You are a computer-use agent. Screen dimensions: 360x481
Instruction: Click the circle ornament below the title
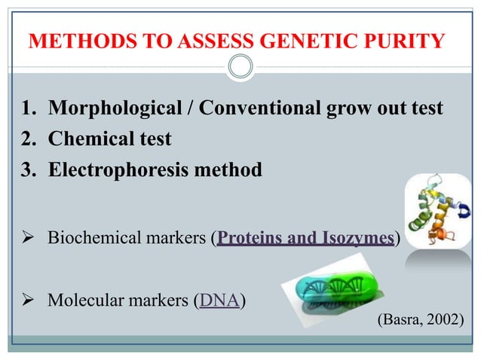[x=240, y=67]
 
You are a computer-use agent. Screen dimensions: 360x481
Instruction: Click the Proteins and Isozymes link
[x=305, y=239]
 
